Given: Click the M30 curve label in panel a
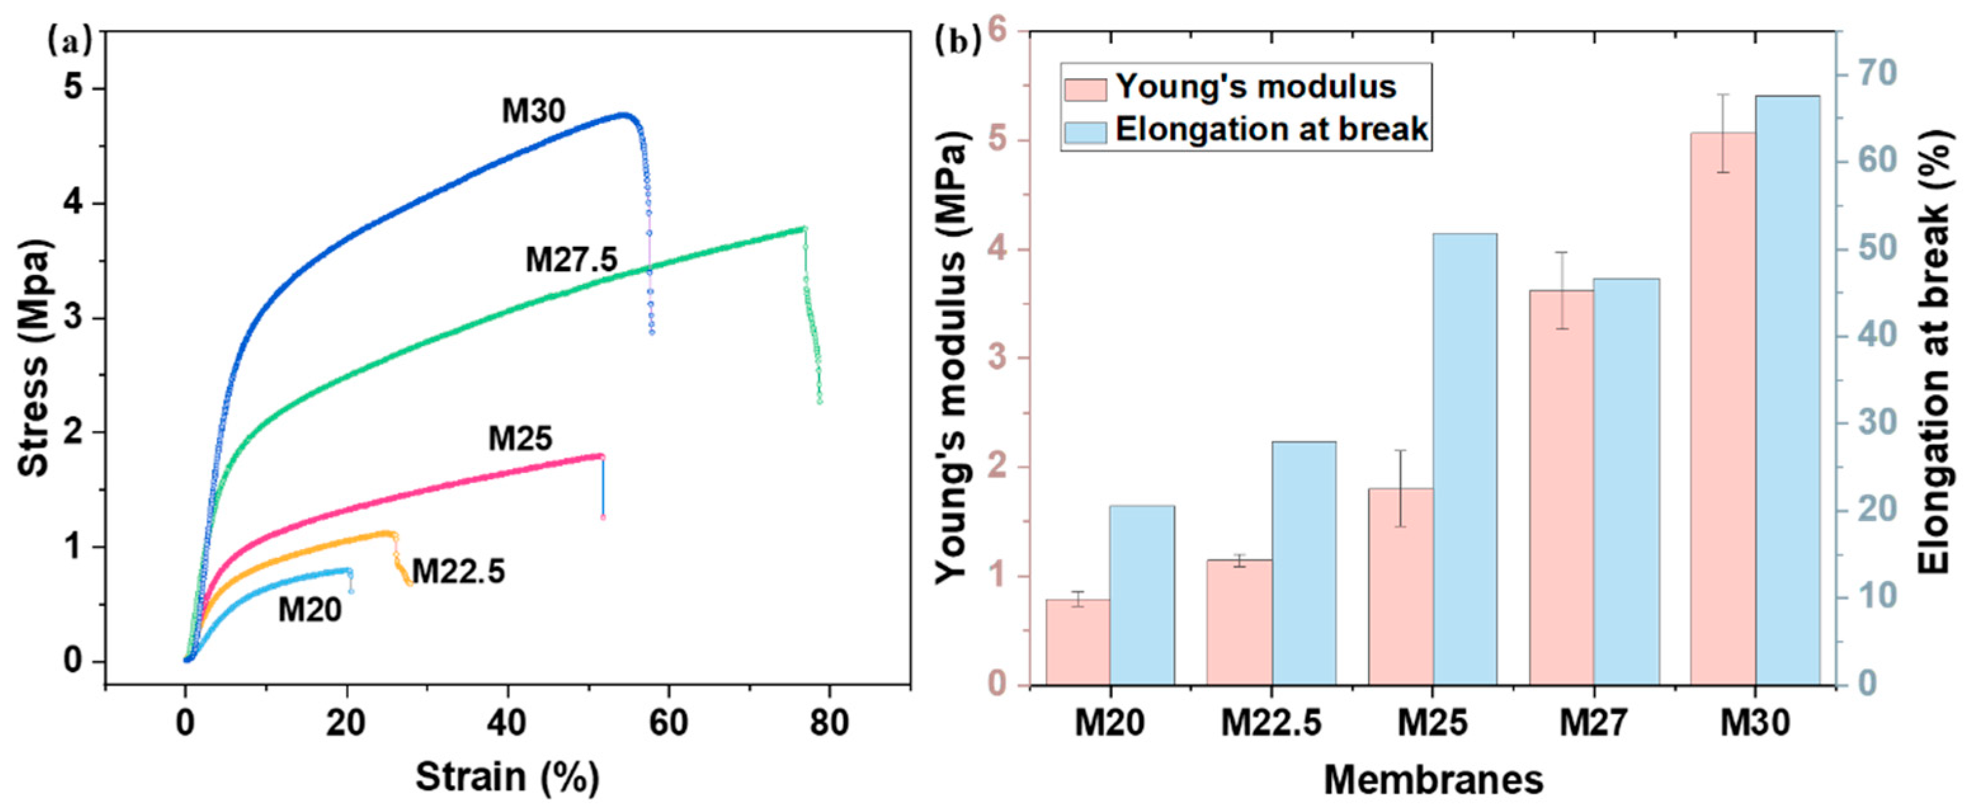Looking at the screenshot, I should point(533,112).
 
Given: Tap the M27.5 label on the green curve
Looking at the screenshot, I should point(571,261).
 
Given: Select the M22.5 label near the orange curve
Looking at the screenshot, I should point(458,571).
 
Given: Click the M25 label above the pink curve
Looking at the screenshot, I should point(520,439).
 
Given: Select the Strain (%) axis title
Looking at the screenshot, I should point(507,778).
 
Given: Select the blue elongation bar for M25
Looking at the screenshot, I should point(1464,458).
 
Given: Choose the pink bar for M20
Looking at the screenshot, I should point(1077,642).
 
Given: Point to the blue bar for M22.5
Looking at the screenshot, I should point(1303,562).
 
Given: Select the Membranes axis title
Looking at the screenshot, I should point(1433,779).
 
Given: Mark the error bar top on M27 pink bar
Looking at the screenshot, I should point(1562,252).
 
